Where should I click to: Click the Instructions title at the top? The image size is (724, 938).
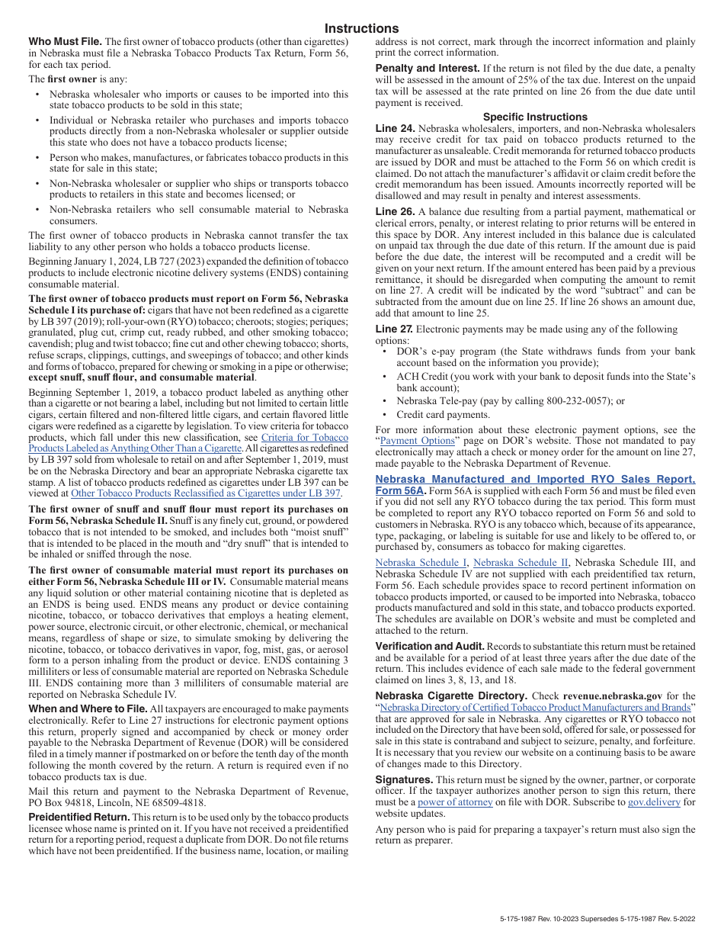(x=361, y=28)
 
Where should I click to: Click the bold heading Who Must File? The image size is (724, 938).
(x=65, y=41)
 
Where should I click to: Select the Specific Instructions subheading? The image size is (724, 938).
(x=535, y=117)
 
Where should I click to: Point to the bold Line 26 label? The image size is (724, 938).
(x=395, y=211)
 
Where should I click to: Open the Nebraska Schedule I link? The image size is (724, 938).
(x=421, y=562)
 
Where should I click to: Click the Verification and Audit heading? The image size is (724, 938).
(x=430, y=646)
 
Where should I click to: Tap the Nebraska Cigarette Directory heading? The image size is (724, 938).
(x=451, y=695)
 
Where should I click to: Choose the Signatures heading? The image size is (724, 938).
(x=404, y=779)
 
